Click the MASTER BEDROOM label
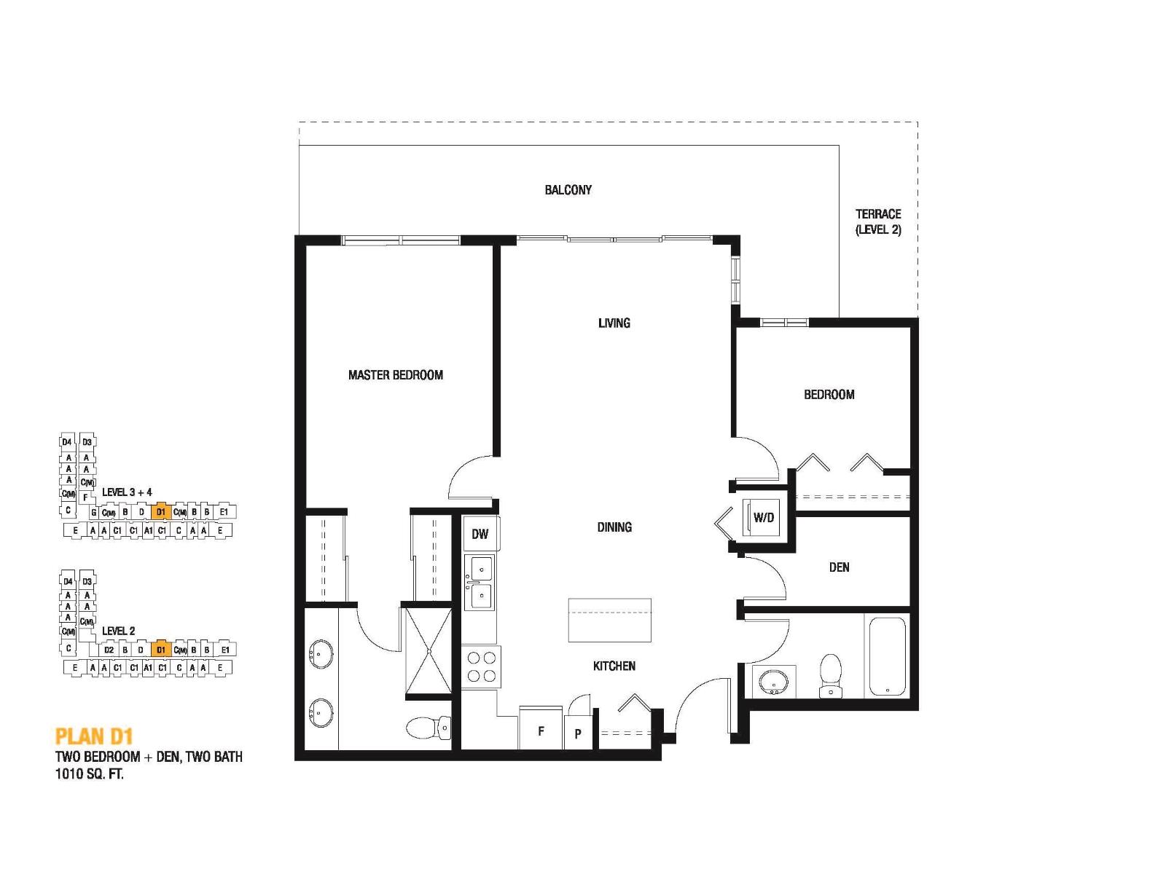pos(395,375)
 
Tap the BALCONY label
pos(568,190)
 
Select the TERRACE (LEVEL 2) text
pos(877,221)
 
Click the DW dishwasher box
pos(480,534)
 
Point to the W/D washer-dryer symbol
pos(762,518)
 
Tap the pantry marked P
pos(578,733)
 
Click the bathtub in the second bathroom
pos(887,656)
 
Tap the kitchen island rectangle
pos(609,620)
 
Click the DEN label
pos(839,567)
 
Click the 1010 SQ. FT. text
pos(90,774)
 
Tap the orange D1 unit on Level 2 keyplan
pos(161,649)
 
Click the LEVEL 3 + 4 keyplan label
pos(127,492)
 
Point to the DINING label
pos(614,527)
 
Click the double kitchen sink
pos(480,582)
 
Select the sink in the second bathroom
pos(773,682)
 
